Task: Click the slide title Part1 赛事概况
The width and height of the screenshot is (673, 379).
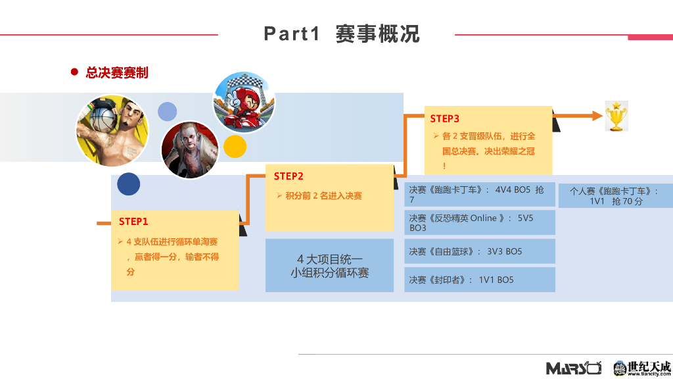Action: click(341, 34)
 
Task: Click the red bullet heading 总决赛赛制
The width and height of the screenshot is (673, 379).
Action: click(117, 72)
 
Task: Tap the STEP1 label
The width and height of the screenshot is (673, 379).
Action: click(133, 221)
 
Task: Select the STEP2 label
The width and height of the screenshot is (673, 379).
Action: click(289, 176)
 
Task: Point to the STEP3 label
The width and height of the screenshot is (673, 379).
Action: click(445, 118)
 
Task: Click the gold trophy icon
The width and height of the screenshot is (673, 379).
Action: click(616, 116)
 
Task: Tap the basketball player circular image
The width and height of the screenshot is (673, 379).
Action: click(112, 130)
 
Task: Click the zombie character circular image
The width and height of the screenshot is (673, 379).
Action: click(189, 149)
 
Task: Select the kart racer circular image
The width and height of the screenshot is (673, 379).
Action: click(244, 102)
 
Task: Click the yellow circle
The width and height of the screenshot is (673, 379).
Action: click(235, 146)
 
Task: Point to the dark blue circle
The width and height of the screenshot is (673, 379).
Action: click(129, 184)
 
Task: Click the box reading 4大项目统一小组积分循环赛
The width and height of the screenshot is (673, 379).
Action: click(329, 266)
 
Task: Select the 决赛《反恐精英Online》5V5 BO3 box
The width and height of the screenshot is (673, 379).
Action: click(479, 222)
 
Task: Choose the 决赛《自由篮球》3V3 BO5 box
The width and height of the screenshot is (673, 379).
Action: click(479, 251)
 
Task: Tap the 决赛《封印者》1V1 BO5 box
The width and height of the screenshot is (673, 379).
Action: click(479, 280)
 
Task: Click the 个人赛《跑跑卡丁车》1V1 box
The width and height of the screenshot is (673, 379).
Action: click(615, 195)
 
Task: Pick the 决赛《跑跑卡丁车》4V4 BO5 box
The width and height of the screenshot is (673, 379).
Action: click(479, 194)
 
